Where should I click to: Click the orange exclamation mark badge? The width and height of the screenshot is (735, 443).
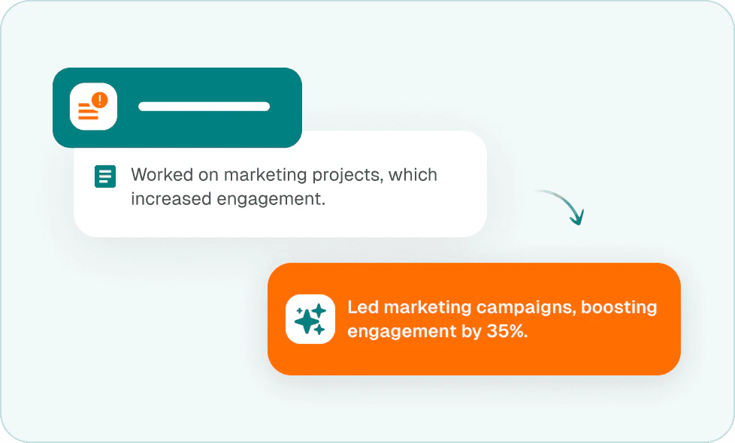click(99, 100)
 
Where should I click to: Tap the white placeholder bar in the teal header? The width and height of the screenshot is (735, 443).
click(204, 107)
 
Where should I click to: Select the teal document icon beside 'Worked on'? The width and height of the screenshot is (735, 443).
click(105, 176)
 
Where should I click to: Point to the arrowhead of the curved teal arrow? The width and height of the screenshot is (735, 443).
click(577, 218)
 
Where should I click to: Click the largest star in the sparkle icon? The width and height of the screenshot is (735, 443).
click(306, 321)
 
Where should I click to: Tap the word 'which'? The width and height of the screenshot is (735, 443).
click(413, 175)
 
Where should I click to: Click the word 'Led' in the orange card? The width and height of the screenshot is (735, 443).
click(363, 307)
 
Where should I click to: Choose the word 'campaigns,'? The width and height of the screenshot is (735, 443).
click(526, 308)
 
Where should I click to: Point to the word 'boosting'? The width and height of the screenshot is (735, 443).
click(619, 308)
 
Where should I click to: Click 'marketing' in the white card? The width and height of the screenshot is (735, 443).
click(265, 176)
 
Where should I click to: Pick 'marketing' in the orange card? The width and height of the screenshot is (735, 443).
click(428, 308)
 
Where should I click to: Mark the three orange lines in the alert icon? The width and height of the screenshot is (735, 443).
click(88, 111)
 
